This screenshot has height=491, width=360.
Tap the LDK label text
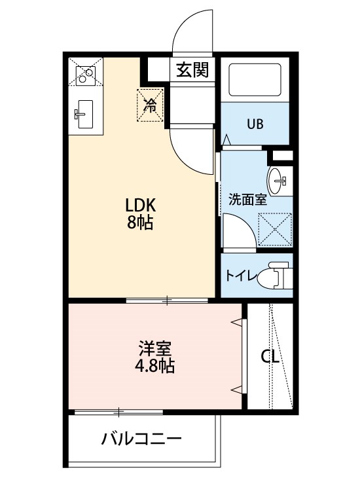pyautogui.click(x=140, y=204)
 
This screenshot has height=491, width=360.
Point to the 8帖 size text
pyautogui.click(x=140, y=223)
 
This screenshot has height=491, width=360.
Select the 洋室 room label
pyautogui.click(x=156, y=348)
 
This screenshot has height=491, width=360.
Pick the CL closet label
pyautogui.click(x=270, y=357)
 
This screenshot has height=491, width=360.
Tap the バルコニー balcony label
pyautogui.click(x=141, y=439)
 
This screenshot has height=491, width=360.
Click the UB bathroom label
pyautogui.click(x=255, y=124)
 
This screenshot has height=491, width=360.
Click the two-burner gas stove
pyautogui.click(x=86, y=75)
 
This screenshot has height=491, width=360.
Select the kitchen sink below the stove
pyautogui.click(x=84, y=117)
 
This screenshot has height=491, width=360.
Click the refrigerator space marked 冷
pyautogui.click(x=151, y=104)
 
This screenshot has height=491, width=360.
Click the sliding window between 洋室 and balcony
pyautogui.click(x=118, y=412)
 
